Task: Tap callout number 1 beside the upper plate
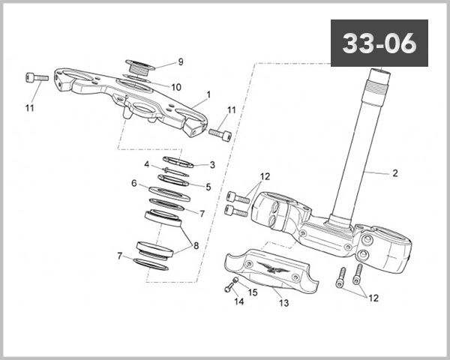208,95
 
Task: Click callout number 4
147,163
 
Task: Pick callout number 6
133,183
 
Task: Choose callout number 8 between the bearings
196,245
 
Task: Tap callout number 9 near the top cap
180,61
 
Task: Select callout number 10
175,87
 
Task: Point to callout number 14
238,301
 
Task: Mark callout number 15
253,292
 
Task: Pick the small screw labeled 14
229,286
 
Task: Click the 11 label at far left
29,108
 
